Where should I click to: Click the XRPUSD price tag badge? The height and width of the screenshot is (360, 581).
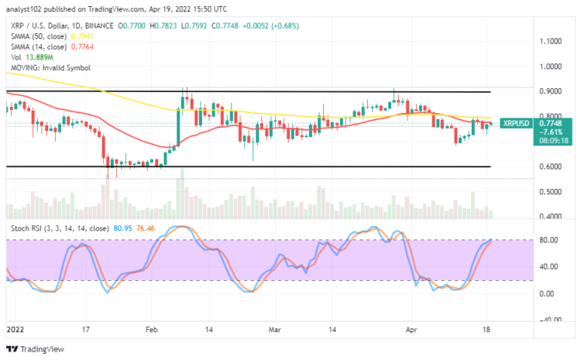(515, 122)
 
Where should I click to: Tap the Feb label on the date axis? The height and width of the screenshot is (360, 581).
(150, 328)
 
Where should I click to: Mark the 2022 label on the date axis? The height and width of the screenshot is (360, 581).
(14, 328)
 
